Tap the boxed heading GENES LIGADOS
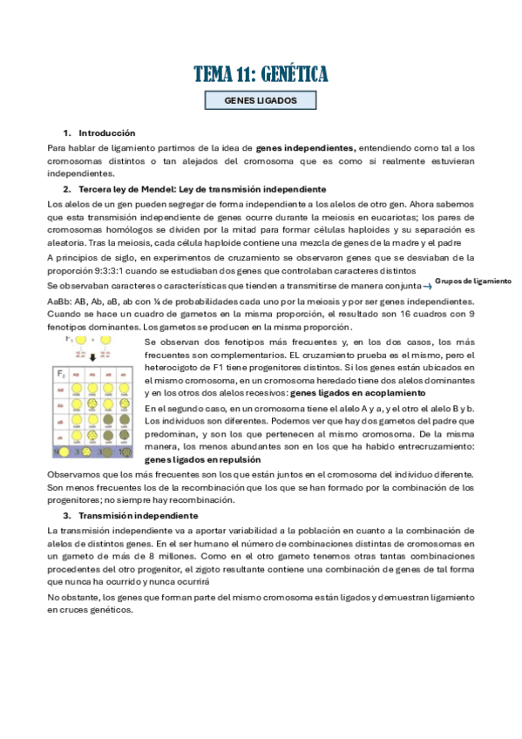(x=261, y=101)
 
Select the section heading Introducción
(x=106, y=133)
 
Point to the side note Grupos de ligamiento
(x=472, y=281)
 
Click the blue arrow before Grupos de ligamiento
(x=427, y=286)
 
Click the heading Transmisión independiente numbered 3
(x=126, y=516)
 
